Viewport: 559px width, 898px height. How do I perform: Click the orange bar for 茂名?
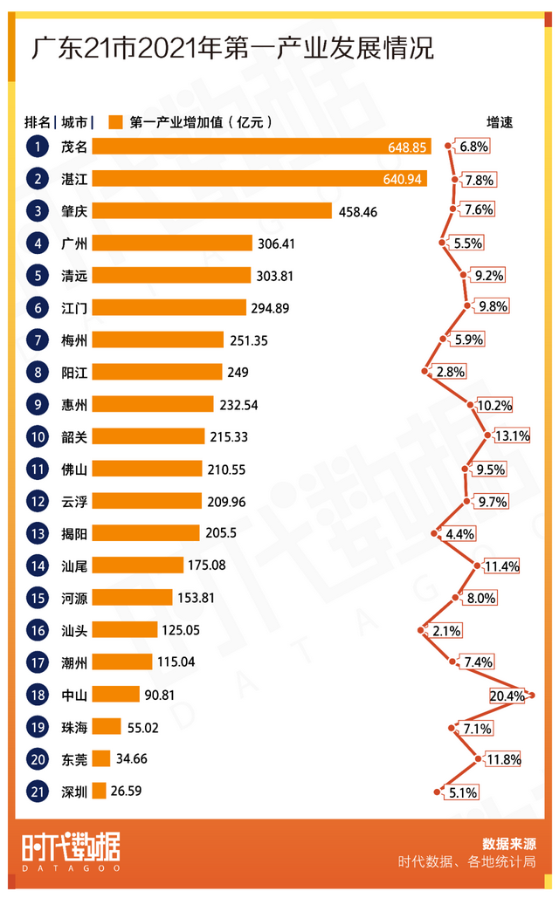pos(261,147)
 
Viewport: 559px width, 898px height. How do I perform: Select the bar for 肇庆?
pos(211,211)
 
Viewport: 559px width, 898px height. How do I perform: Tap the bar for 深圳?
pos(99,791)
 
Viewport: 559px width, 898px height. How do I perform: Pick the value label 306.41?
pos(276,243)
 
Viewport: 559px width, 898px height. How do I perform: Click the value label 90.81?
pos(162,695)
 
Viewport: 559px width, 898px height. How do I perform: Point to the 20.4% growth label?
pos(507,696)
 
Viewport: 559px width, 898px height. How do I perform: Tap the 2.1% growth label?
pos(445,630)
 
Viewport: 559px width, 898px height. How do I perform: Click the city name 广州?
pos(73,243)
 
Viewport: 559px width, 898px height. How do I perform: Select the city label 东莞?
pos(73,758)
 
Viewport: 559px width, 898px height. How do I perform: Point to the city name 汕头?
pos(73,630)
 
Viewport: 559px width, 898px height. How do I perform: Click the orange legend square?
pos(114,122)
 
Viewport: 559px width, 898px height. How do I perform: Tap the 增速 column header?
pos(500,122)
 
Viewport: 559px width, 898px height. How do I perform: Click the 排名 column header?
pos(38,122)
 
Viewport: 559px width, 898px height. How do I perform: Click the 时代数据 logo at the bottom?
pos(71,850)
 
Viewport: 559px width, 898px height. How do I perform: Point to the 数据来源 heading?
pos(508,844)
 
